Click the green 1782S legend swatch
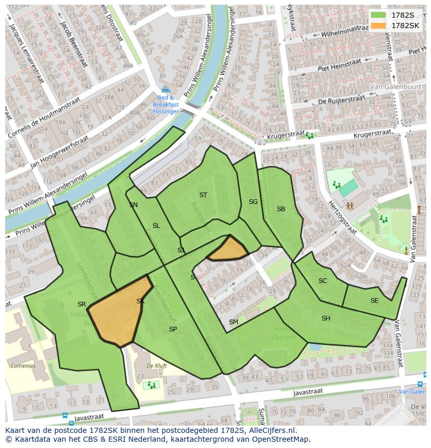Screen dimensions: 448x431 [378, 15]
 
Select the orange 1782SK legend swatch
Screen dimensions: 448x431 [378, 25]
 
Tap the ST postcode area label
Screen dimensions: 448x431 [203, 195]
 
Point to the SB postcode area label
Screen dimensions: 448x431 [281, 209]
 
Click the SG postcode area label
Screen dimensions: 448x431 [253, 202]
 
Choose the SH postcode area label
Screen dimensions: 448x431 [326, 318]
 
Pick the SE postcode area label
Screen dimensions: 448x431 [375, 301]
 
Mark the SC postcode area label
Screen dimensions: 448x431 [323, 281]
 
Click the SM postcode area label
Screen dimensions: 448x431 [234, 322]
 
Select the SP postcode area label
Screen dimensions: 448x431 [173, 329]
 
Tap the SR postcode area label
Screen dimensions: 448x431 [82, 304]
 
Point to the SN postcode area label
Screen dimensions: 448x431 [134, 205]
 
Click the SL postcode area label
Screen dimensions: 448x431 [156, 226]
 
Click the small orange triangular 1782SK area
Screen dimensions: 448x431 [229, 249]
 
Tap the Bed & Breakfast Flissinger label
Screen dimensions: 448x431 [166, 104]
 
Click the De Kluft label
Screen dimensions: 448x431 [157, 366]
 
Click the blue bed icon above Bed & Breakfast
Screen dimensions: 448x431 [166, 89]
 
